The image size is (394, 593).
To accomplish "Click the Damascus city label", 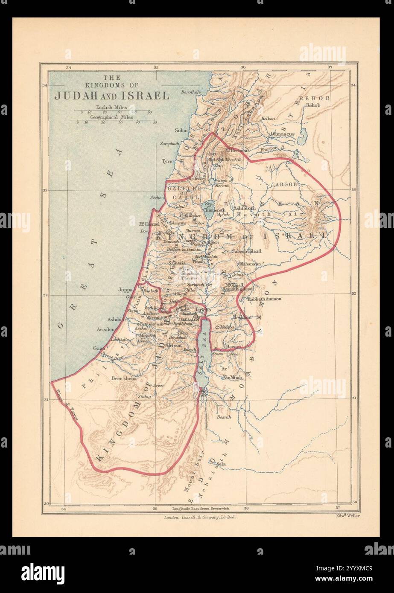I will (282, 134).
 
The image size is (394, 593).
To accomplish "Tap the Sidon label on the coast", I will (181, 131).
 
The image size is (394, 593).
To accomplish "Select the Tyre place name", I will (166, 161).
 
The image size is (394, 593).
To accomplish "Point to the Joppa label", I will (126, 290).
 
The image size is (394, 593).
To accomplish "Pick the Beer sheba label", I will (123, 378).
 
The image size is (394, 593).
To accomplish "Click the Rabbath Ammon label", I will (264, 299).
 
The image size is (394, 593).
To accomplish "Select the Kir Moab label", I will (232, 378).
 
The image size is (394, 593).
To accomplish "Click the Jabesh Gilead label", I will (247, 251).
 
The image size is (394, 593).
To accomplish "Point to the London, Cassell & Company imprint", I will (200, 517).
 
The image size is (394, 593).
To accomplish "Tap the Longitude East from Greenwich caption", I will (201, 509).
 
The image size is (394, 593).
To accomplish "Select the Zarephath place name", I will (169, 144).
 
